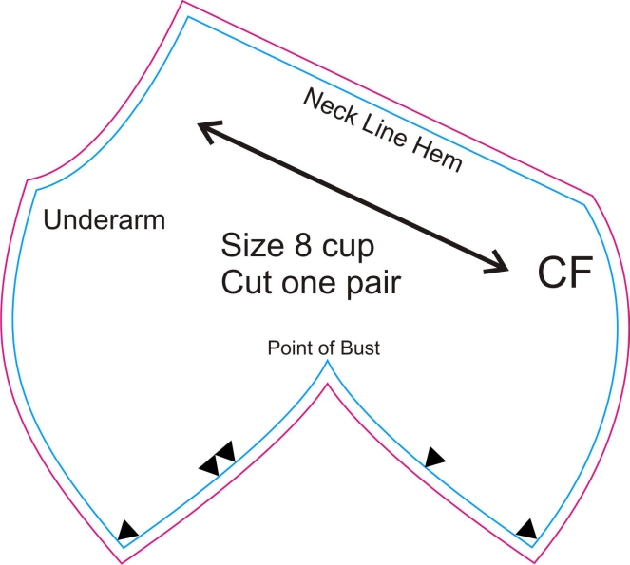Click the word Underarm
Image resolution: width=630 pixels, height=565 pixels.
[x=105, y=219]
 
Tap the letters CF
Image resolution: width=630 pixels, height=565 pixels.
[x=564, y=272]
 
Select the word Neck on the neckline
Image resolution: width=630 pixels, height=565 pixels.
[x=331, y=106]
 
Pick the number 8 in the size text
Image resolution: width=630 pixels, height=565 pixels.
[x=303, y=245]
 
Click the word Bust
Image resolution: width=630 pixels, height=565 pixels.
[x=360, y=348]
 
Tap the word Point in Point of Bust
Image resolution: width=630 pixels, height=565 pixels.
[x=289, y=348]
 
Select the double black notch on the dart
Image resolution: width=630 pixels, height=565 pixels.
[x=218, y=459]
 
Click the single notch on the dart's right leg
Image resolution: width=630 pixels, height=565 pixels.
[x=434, y=457]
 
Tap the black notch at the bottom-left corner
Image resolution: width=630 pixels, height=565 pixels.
[x=126, y=531]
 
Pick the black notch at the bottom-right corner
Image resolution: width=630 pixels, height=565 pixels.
[x=527, y=529]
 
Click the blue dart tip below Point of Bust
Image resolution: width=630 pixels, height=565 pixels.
[x=328, y=360]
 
